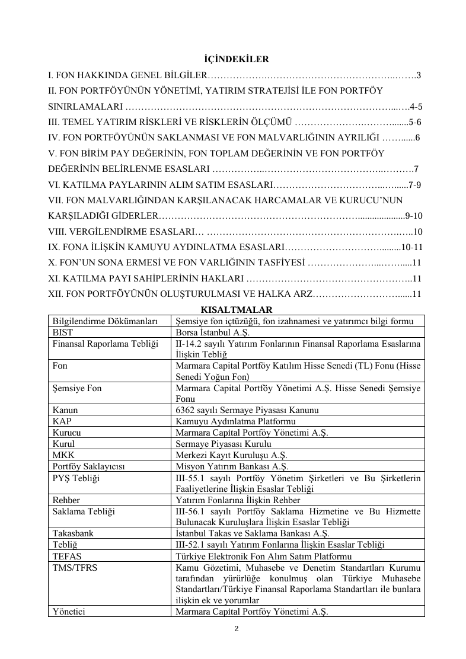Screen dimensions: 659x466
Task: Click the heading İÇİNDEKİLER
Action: click(x=232, y=59)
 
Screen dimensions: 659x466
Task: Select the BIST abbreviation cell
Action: click(x=62, y=332)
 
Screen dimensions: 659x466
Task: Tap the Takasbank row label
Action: click(x=73, y=533)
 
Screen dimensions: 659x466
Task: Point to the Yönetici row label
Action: click(x=68, y=612)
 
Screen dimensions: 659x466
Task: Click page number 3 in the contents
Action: click(x=419, y=75)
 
